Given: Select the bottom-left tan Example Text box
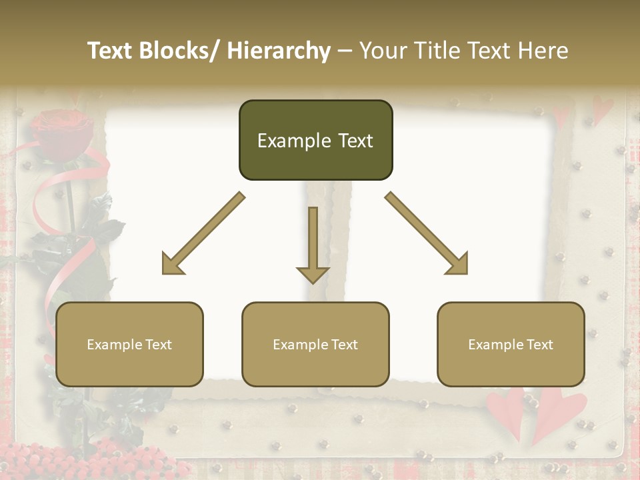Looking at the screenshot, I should (x=129, y=345).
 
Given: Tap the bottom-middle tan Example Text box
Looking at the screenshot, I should (x=315, y=345).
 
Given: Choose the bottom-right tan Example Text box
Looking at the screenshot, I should (x=511, y=345).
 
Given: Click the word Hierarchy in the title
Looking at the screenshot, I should (x=279, y=51).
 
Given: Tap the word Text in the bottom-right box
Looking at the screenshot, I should (x=539, y=345).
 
